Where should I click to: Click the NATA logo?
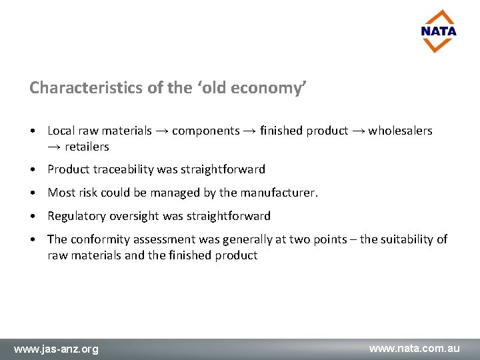tap(439, 31)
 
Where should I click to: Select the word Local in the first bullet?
tap(61, 131)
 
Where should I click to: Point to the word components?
tap(205, 131)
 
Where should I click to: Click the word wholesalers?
tap(400, 131)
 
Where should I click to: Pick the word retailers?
tap(87, 147)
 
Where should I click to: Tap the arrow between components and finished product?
tap(250, 131)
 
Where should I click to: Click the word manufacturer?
tap(279, 193)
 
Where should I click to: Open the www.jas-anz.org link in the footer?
tap(56, 349)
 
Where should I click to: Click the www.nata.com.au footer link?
tap(415, 348)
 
